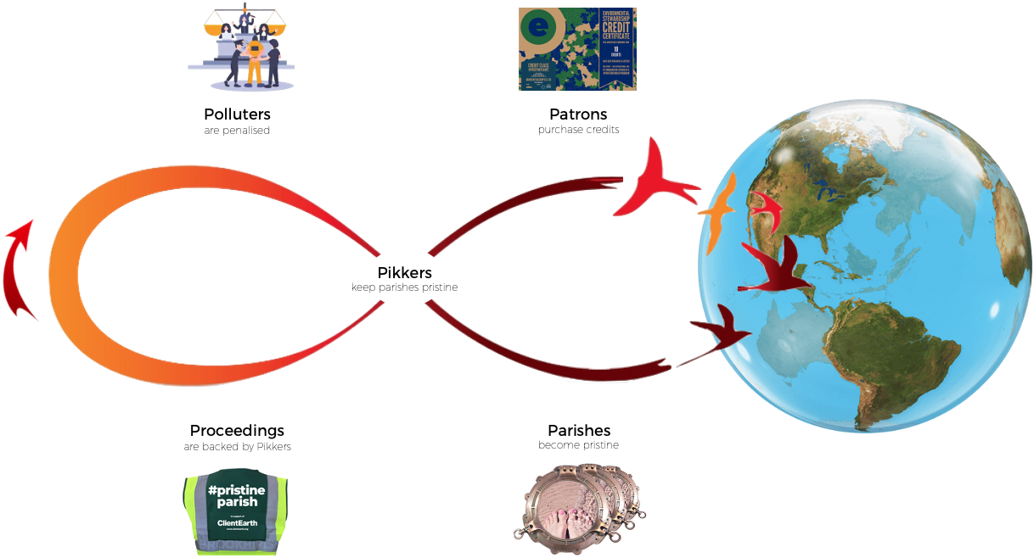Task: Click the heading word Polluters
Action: pyautogui.click(x=237, y=114)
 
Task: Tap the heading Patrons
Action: pyautogui.click(x=578, y=114)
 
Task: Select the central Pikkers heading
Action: pyautogui.click(x=404, y=273)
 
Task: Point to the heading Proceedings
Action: pyautogui.click(x=237, y=431)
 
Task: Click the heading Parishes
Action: pyautogui.click(x=579, y=431)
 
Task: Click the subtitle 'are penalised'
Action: pyautogui.click(x=237, y=131)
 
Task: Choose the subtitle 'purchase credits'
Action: pyautogui.click(x=578, y=130)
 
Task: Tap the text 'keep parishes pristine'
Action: pyautogui.click(x=404, y=287)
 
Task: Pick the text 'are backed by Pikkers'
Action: pyautogui.click(x=237, y=447)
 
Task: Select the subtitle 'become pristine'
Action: pyautogui.click(x=578, y=445)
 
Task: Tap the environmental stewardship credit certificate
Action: pyautogui.click(x=577, y=49)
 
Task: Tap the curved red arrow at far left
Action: pyautogui.click(x=19, y=269)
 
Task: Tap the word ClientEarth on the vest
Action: pyautogui.click(x=237, y=522)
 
